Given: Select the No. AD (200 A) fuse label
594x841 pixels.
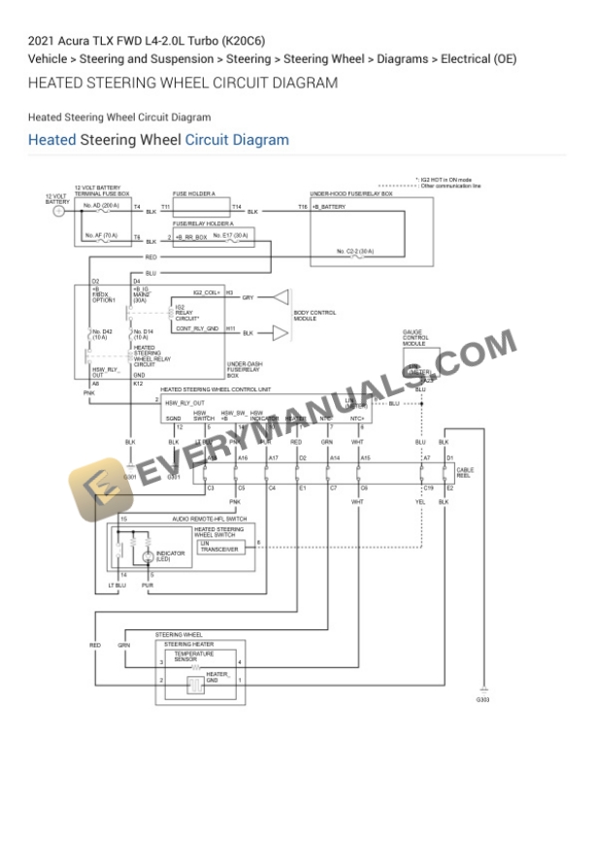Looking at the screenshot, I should click(x=101, y=205).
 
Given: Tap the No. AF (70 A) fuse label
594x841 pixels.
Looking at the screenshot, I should click(x=100, y=235).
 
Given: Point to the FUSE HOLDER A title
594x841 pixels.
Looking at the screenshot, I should click(x=194, y=193).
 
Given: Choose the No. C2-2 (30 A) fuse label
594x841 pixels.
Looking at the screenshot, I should click(x=354, y=252).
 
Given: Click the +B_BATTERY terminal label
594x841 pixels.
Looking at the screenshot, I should click(x=328, y=207).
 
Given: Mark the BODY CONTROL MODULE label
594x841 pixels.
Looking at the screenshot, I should click(x=314, y=315).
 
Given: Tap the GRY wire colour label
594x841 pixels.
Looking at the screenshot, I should click(x=247, y=297).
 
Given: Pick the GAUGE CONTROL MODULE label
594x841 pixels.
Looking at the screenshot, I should click(x=414, y=338).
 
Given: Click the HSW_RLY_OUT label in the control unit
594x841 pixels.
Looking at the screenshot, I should click(x=184, y=402).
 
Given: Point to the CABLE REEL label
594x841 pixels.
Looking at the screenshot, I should click(x=465, y=473).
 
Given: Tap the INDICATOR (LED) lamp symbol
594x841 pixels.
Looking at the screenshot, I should click(x=148, y=556).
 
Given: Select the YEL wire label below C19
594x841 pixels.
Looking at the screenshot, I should click(x=420, y=502).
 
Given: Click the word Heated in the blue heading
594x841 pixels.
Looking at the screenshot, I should click(x=51, y=140).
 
